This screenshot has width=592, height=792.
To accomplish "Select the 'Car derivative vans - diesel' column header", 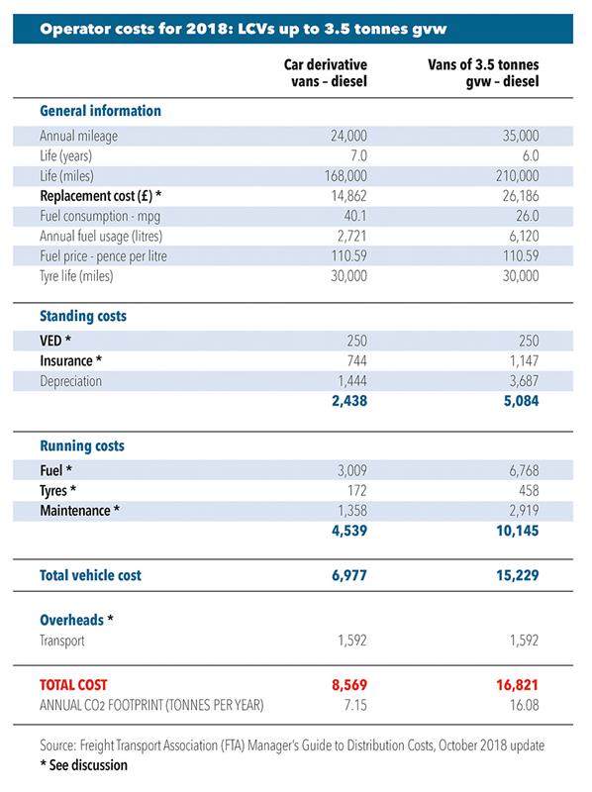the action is [x=326, y=73].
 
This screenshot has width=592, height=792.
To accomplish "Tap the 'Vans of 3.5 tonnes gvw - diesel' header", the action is [x=483, y=73].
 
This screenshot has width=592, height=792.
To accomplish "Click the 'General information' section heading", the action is [x=101, y=111].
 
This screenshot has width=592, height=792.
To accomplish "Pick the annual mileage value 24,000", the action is [x=349, y=136].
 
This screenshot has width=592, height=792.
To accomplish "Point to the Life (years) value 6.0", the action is [x=531, y=155].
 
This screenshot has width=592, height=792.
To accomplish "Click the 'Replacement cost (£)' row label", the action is [x=101, y=196].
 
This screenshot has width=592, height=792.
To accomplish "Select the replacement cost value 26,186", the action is [x=521, y=196].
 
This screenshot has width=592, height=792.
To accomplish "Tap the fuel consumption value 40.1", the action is [x=355, y=216].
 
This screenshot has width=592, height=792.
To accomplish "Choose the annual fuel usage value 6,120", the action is [x=525, y=236].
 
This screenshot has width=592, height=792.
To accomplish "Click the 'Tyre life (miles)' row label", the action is [x=76, y=276].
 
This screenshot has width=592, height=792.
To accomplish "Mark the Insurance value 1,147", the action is [x=525, y=360].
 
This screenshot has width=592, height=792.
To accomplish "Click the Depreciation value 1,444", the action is [x=352, y=381].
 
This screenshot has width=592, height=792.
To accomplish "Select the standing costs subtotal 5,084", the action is [x=522, y=401].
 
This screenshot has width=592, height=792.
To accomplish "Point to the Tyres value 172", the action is [x=357, y=490].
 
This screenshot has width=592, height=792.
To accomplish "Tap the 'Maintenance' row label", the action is [x=80, y=511].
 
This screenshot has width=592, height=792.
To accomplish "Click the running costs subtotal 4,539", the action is [x=349, y=531].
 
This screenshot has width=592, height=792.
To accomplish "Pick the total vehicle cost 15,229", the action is [x=518, y=575].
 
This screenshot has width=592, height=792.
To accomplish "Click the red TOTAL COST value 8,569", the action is [x=349, y=685].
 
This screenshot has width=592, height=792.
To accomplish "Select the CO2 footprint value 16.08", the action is [x=525, y=705].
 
